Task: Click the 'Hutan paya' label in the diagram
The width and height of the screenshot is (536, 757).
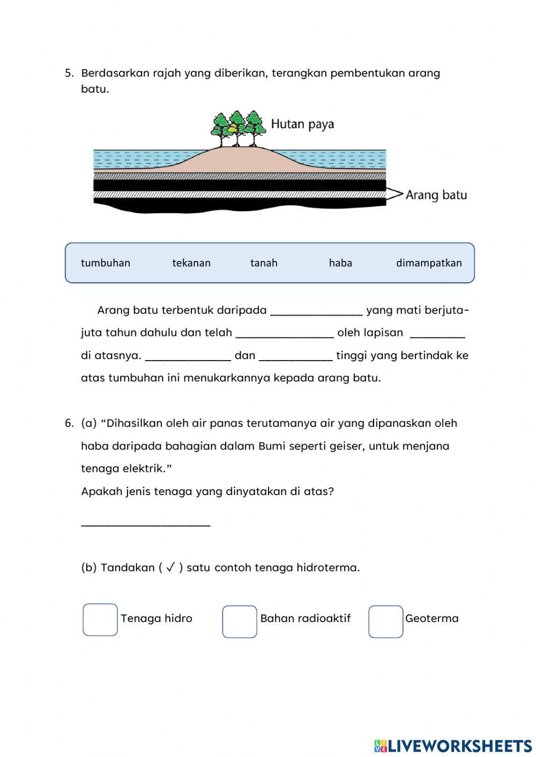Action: [302, 124]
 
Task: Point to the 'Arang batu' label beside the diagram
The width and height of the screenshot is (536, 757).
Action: [436, 194]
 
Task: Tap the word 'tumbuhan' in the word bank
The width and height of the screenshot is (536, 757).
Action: [106, 263]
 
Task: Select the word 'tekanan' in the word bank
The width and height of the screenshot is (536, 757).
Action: [191, 263]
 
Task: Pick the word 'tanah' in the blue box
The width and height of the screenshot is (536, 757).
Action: [264, 263]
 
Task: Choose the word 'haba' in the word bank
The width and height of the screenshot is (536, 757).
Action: [340, 263]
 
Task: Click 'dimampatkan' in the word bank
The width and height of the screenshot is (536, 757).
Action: [429, 263]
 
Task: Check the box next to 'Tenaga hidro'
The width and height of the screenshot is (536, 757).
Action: [100, 620]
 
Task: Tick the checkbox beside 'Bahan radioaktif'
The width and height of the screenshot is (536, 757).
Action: [240, 621]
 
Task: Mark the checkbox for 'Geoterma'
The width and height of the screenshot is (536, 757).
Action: [385, 621]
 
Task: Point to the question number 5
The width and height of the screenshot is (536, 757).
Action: [69, 73]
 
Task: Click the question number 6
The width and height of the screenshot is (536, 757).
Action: [69, 423]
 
